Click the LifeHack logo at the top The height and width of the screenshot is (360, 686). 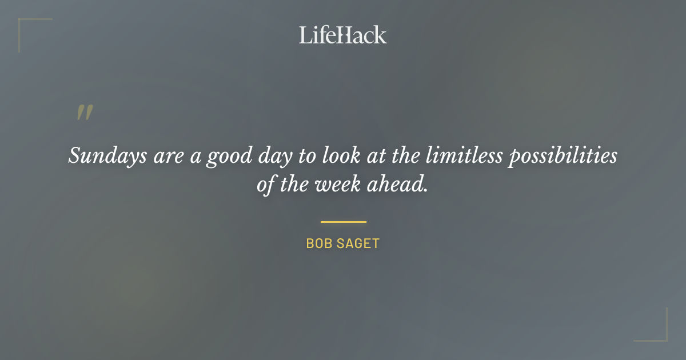tap(342, 35)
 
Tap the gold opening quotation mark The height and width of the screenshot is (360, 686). tap(85, 113)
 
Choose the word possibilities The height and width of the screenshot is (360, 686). tap(563, 156)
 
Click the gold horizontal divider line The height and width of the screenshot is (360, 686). tap(343, 222)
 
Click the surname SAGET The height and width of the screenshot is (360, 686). tap(358, 243)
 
